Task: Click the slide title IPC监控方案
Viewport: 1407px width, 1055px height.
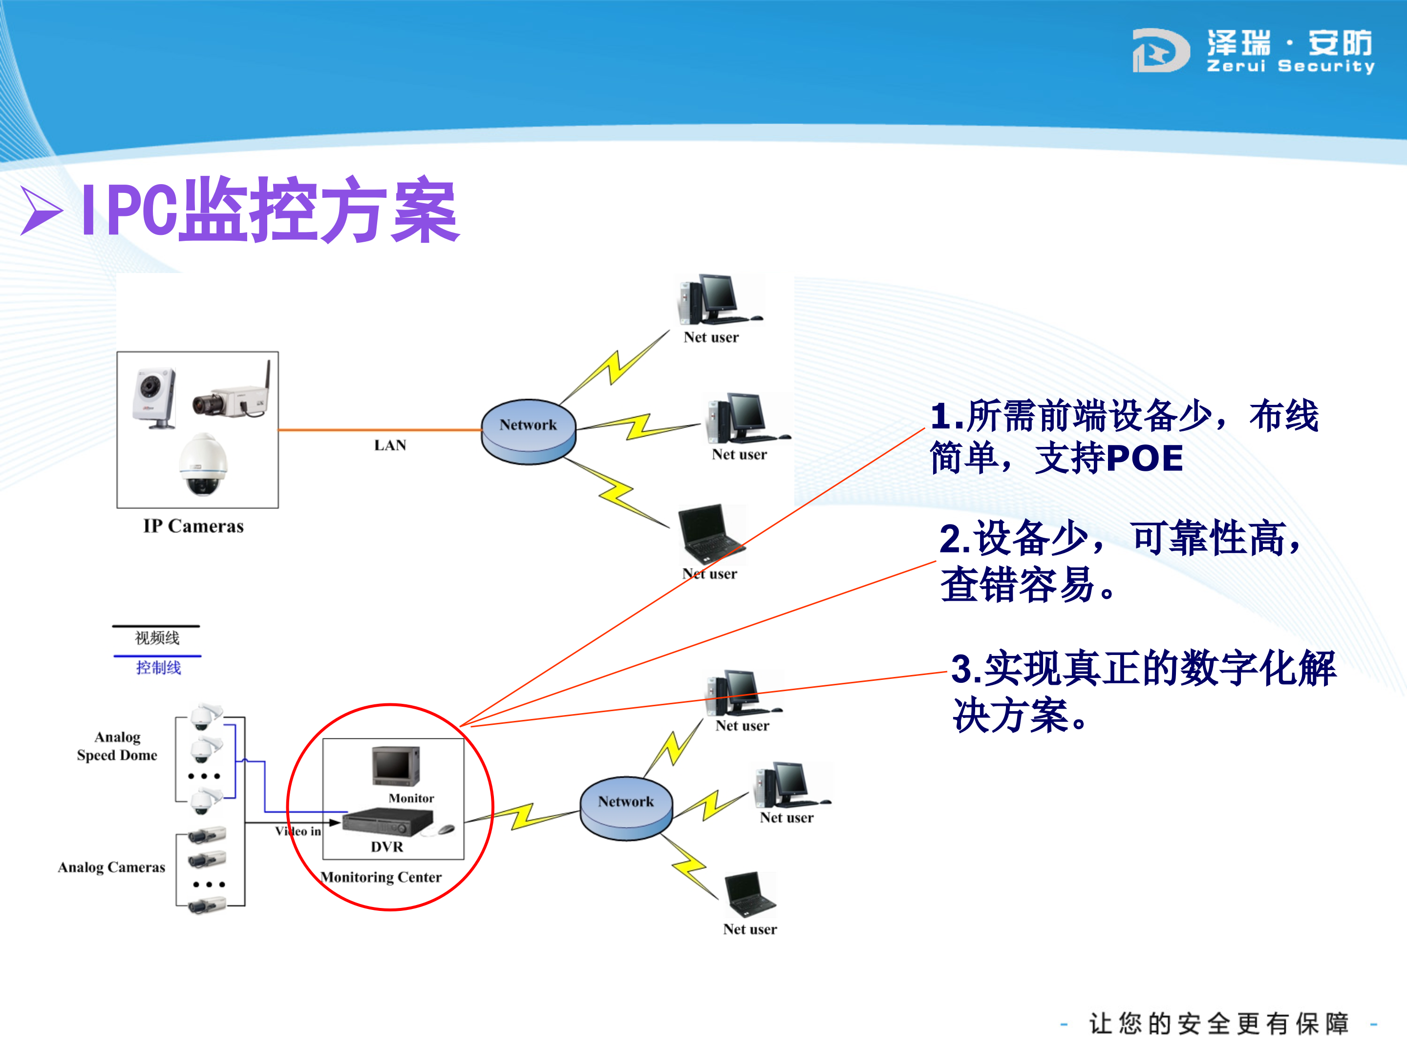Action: pyautogui.click(x=270, y=211)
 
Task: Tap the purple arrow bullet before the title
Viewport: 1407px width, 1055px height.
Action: pyautogui.click(x=42, y=211)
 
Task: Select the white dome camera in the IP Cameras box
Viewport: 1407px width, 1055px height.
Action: pyautogui.click(x=202, y=464)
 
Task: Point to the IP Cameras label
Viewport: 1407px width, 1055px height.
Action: pyautogui.click(x=193, y=526)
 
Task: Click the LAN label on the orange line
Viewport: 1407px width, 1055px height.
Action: pyautogui.click(x=390, y=445)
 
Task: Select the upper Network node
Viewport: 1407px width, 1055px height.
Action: pyautogui.click(x=528, y=431)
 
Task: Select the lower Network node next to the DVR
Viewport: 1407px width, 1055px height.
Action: pyautogui.click(x=626, y=808)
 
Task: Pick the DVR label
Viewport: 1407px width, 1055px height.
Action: pyautogui.click(x=387, y=846)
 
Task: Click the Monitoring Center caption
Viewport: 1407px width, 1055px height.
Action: pyautogui.click(x=381, y=877)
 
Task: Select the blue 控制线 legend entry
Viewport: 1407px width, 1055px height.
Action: pyautogui.click(x=158, y=667)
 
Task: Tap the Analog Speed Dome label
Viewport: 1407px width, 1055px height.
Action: pyautogui.click(x=117, y=746)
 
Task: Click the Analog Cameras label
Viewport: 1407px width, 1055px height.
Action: pyautogui.click(x=111, y=867)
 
